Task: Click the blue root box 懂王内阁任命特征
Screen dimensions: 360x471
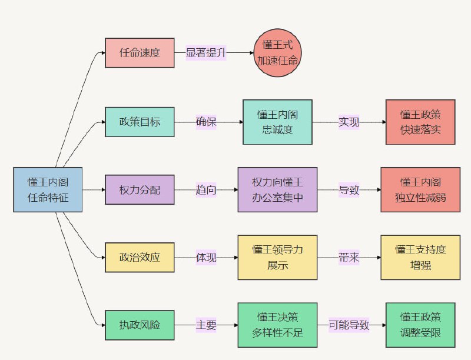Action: tap(48, 189)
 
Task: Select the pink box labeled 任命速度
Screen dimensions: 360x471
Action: tap(140, 52)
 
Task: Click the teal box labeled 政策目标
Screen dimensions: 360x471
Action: tap(140, 122)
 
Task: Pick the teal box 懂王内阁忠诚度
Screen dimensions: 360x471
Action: tap(277, 122)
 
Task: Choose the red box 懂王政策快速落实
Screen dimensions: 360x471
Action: tap(420, 122)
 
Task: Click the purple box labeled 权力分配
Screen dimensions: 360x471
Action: tap(140, 190)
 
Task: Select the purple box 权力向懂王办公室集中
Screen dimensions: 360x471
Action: tap(277, 190)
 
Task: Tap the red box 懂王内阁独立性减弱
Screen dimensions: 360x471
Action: tap(420, 190)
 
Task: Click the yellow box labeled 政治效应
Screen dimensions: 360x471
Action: tap(140, 257)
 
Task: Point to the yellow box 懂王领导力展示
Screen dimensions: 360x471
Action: tap(277, 257)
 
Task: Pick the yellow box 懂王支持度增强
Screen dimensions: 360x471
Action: tap(420, 257)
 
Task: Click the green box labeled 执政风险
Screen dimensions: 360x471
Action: tap(140, 325)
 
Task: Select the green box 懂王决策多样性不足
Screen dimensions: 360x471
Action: tap(277, 325)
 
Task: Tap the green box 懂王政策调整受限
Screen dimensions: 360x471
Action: tap(420, 325)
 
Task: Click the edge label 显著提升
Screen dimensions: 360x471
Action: tap(205, 52)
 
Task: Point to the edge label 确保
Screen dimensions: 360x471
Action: tap(206, 122)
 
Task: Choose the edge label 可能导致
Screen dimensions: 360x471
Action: tap(349, 325)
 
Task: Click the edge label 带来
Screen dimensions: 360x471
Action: tap(349, 257)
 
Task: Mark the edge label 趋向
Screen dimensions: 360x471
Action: tap(206, 190)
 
